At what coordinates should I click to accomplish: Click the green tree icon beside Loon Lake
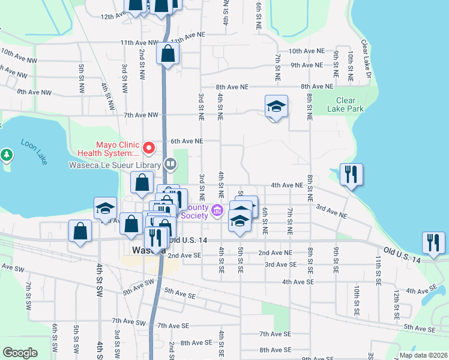7,155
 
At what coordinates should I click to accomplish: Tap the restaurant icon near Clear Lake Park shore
351,175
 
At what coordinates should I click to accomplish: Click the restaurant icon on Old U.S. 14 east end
433,242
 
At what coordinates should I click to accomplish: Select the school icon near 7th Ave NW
276,107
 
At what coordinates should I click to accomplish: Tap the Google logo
20,353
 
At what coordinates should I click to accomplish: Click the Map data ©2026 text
423,355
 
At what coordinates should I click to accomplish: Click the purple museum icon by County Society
217,210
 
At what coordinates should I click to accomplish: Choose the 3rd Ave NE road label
331,211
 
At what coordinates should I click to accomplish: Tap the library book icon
170,163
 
